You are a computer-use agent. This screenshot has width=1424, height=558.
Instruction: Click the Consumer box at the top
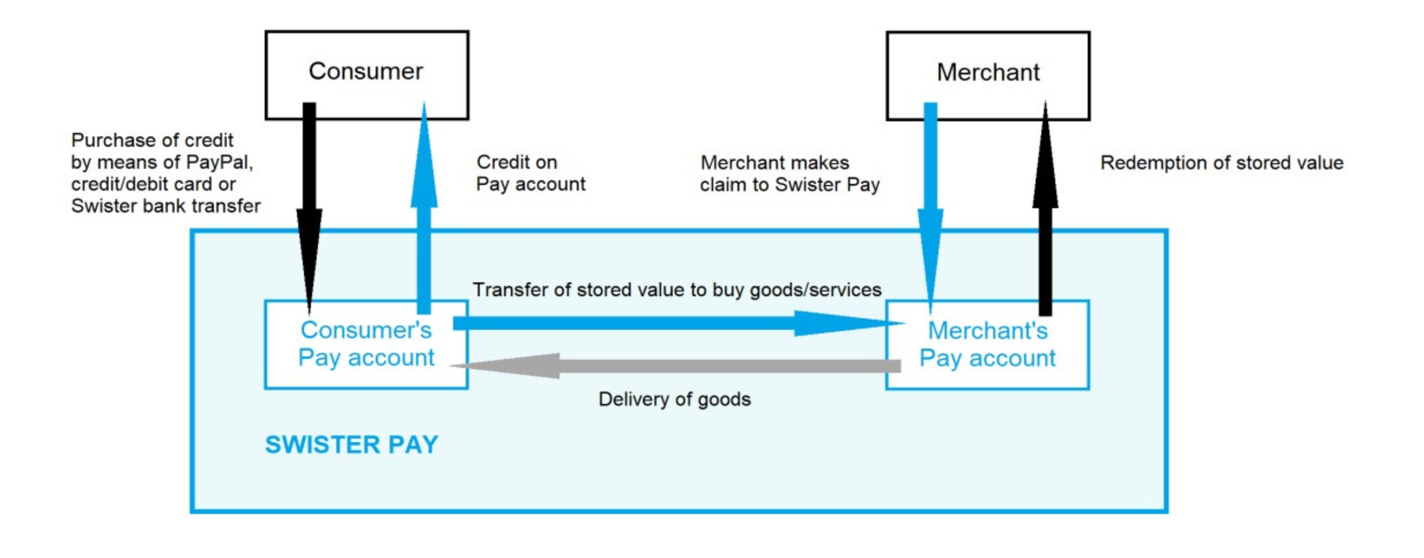click(366, 71)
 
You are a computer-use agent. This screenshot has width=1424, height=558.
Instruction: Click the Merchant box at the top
click(988, 72)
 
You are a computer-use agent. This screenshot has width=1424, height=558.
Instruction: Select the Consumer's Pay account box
click(366, 344)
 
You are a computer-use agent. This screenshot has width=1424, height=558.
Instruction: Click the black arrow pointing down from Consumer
click(310, 193)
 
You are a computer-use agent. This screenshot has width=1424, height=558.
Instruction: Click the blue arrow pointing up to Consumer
click(424, 210)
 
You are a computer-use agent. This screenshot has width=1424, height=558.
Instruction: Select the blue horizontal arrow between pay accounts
click(663, 323)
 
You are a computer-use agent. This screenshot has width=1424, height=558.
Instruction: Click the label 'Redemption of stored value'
click(1222, 163)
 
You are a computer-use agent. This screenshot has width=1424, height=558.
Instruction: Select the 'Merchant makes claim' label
click(790, 174)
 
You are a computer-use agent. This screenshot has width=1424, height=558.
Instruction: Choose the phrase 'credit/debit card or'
click(153, 184)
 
